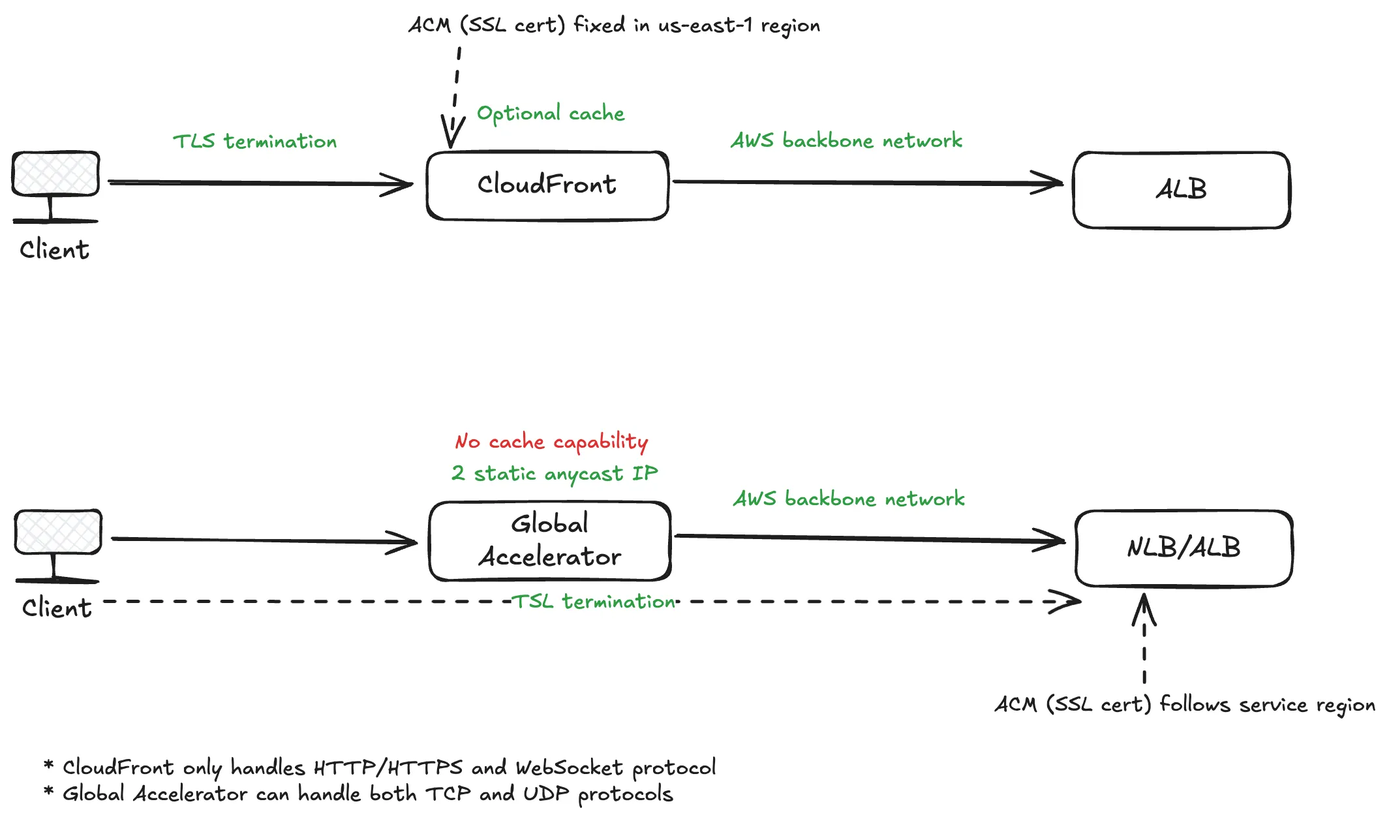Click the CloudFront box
(547, 185)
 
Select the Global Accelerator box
(549, 541)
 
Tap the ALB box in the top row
(1181, 190)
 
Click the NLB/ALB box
(1183, 548)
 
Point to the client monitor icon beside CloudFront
(55, 186)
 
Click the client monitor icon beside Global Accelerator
(58, 544)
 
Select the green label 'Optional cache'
(551, 114)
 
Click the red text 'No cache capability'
(551, 442)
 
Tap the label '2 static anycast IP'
(555, 473)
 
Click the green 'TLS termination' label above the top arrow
(254, 142)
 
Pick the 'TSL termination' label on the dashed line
(593, 601)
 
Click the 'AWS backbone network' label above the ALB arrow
(846, 141)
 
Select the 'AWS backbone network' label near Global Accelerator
(848, 499)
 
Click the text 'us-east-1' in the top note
(705, 25)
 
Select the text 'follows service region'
(1267, 705)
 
